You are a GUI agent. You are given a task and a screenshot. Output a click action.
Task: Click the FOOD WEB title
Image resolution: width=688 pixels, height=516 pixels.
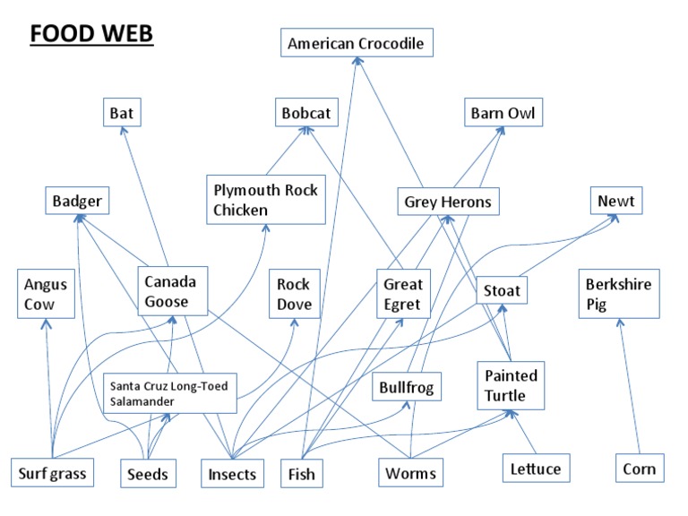pos(91,34)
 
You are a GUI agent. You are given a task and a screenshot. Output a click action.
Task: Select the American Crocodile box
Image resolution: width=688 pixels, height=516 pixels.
pos(356,43)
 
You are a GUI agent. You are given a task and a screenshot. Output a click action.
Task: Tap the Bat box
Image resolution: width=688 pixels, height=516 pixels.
pos(121,114)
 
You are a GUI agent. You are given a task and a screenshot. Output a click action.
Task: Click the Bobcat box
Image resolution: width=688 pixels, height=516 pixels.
pos(306,114)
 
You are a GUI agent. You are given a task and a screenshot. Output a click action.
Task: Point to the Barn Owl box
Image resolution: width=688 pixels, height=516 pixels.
pos(505,114)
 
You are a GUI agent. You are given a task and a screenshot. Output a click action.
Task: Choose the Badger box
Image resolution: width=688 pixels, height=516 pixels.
pos(77,202)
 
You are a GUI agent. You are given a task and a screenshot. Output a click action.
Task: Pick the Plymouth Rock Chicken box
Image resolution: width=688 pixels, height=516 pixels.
pos(265,200)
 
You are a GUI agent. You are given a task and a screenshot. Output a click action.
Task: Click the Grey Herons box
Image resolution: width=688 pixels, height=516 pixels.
pos(447,202)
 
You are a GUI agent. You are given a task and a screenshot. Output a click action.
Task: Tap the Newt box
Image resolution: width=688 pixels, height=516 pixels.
pos(615,201)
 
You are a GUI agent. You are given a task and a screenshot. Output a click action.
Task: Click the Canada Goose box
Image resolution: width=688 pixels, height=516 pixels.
pos(172,291)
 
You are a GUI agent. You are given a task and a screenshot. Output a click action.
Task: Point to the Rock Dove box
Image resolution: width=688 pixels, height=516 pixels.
pos(294,294)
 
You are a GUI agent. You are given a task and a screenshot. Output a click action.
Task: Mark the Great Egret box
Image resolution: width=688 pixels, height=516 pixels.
pos(402,294)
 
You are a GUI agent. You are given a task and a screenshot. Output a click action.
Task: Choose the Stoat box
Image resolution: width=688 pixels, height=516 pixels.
pos(502,291)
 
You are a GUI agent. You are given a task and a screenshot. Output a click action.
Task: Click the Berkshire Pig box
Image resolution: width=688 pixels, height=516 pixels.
pos(618,294)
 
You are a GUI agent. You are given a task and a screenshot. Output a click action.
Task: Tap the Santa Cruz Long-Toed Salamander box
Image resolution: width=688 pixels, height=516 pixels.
pos(170,394)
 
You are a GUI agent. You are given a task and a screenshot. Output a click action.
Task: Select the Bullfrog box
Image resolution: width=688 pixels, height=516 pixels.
pos(406,388)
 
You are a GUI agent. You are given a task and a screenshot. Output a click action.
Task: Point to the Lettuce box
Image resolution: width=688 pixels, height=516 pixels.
pos(535,468)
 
